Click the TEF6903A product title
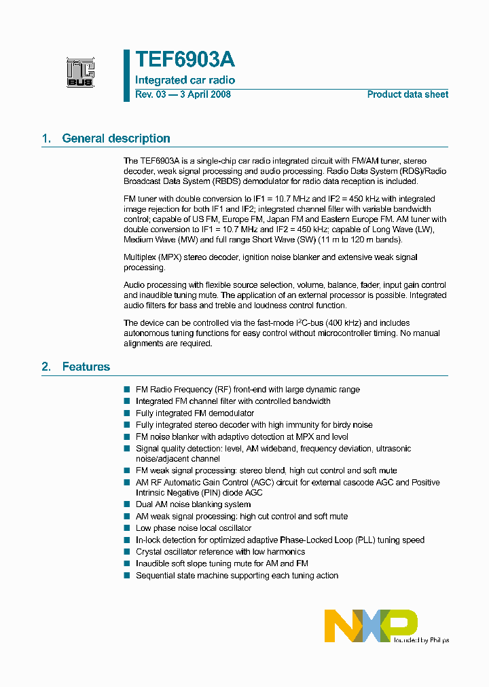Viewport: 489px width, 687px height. (x=185, y=60)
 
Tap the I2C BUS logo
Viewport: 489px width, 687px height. (x=80, y=72)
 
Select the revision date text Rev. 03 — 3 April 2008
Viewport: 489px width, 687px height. (x=183, y=94)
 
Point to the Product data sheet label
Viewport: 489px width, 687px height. (x=407, y=94)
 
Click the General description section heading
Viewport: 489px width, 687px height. (x=116, y=138)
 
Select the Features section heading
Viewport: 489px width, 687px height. (x=86, y=367)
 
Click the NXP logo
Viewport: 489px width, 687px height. (x=370, y=625)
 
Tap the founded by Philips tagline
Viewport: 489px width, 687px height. (x=422, y=639)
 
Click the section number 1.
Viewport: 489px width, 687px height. (x=46, y=138)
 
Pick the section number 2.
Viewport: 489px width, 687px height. (x=46, y=367)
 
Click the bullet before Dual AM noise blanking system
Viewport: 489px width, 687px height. (x=126, y=504)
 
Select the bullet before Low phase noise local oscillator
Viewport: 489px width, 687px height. (x=126, y=528)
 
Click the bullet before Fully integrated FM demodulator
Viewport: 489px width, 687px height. (x=126, y=413)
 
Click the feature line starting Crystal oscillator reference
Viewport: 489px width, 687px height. (x=220, y=552)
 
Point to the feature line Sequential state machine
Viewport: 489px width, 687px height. (x=236, y=576)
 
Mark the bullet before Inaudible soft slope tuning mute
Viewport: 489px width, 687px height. (x=126, y=563)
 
